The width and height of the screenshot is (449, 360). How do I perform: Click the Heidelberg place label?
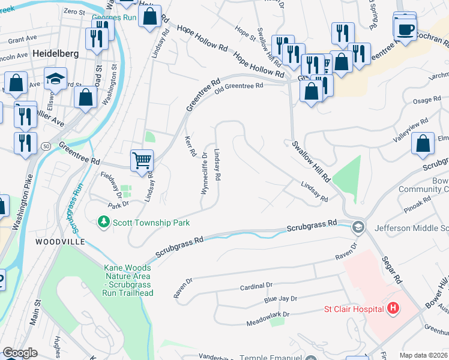pyautogui.click(x=55, y=53)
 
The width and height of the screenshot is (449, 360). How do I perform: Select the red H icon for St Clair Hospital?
pyautogui.click(x=393, y=309)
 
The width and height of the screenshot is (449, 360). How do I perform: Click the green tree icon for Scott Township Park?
pyautogui.click(x=104, y=223)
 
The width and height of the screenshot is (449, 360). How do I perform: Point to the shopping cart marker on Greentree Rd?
pyautogui.click(x=142, y=160)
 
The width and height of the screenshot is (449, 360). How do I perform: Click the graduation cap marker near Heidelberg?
pyautogui.click(x=55, y=80)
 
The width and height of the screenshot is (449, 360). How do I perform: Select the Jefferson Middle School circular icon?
pyautogui.click(x=358, y=227)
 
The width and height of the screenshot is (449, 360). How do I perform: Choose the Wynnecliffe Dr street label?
pyautogui.click(x=204, y=173)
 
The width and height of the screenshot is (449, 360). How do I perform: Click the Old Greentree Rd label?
pyautogui.click(x=240, y=86)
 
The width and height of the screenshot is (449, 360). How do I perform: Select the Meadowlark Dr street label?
pyautogui.click(x=268, y=314)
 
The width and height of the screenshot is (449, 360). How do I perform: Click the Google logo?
pyautogui.click(x=20, y=353)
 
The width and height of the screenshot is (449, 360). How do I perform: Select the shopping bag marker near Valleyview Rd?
pyautogui.click(x=423, y=144)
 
